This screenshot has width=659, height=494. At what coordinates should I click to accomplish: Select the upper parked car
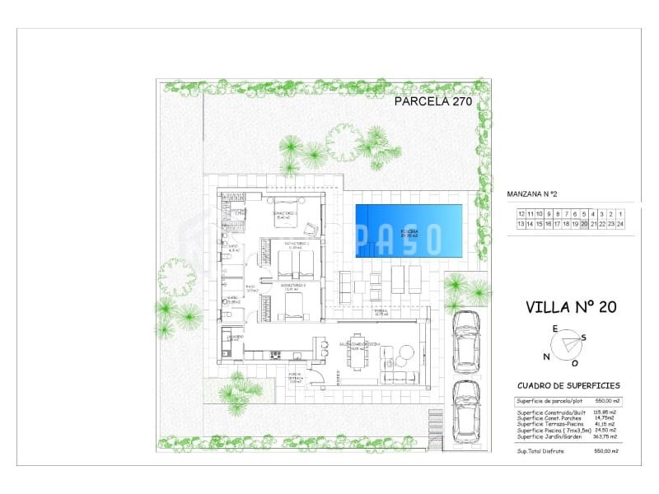[467, 339]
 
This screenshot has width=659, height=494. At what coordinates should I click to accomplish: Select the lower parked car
[467, 409]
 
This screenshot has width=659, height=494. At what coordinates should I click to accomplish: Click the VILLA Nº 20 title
[571, 308]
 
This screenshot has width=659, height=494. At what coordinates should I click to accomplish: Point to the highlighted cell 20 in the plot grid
[584, 223]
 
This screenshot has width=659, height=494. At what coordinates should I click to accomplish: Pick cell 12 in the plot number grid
[521, 213]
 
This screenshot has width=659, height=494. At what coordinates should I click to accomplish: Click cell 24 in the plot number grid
[620, 223]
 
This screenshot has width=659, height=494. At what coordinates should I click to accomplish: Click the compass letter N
[545, 357]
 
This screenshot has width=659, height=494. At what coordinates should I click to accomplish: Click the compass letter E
[555, 329]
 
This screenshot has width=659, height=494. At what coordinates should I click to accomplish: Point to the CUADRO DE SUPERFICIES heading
[568, 385]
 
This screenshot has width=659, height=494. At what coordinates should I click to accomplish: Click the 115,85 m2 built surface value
[605, 412]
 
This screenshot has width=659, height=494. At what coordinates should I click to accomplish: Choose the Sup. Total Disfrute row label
[541, 451]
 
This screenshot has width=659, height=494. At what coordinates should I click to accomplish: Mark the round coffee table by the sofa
[404, 353]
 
